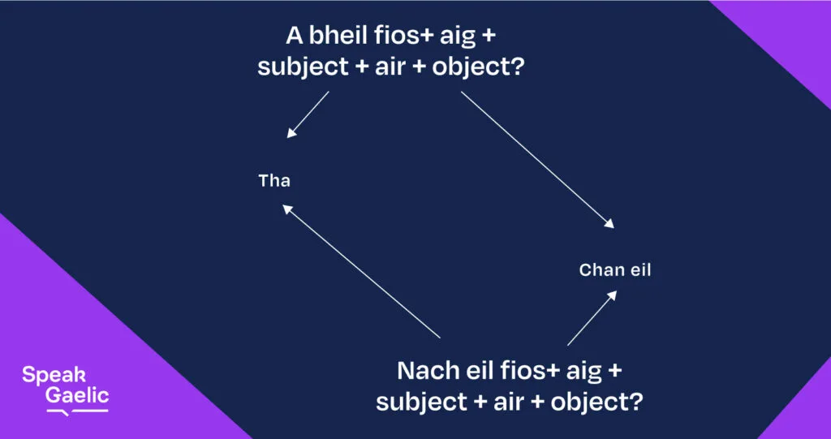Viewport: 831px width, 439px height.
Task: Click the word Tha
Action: tap(274, 181)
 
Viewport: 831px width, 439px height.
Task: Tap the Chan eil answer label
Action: tap(615, 270)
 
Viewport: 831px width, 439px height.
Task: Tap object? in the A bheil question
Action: tap(478, 68)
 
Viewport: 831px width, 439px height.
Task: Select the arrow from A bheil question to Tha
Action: tap(308, 114)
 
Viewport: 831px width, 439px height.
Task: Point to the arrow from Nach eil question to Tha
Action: tap(361, 271)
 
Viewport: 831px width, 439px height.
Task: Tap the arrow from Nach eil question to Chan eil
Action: tap(592, 317)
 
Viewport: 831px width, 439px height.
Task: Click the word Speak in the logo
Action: tap(54, 376)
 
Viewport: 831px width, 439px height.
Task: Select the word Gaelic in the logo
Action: tap(77, 395)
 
